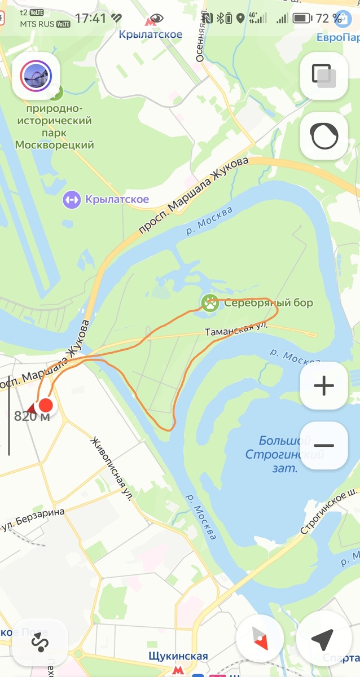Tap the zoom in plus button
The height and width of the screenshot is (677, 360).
(324, 386)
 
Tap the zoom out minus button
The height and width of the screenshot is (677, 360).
(324, 445)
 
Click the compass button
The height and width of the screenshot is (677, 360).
(260, 640)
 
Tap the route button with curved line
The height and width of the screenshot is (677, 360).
(39, 642)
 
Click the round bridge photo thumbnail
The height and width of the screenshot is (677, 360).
(36, 76)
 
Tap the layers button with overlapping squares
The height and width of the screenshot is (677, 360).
(324, 76)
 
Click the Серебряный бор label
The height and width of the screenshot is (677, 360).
(268, 303)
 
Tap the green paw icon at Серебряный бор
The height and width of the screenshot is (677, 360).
(210, 303)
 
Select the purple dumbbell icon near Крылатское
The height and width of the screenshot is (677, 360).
(72, 199)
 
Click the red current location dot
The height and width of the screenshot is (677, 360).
(46, 405)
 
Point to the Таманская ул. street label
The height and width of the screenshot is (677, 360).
(236, 329)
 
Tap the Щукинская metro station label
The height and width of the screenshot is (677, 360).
(178, 657)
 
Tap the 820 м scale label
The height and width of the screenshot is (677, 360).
(32, 417)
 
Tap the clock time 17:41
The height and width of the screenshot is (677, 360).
(90, 19)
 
